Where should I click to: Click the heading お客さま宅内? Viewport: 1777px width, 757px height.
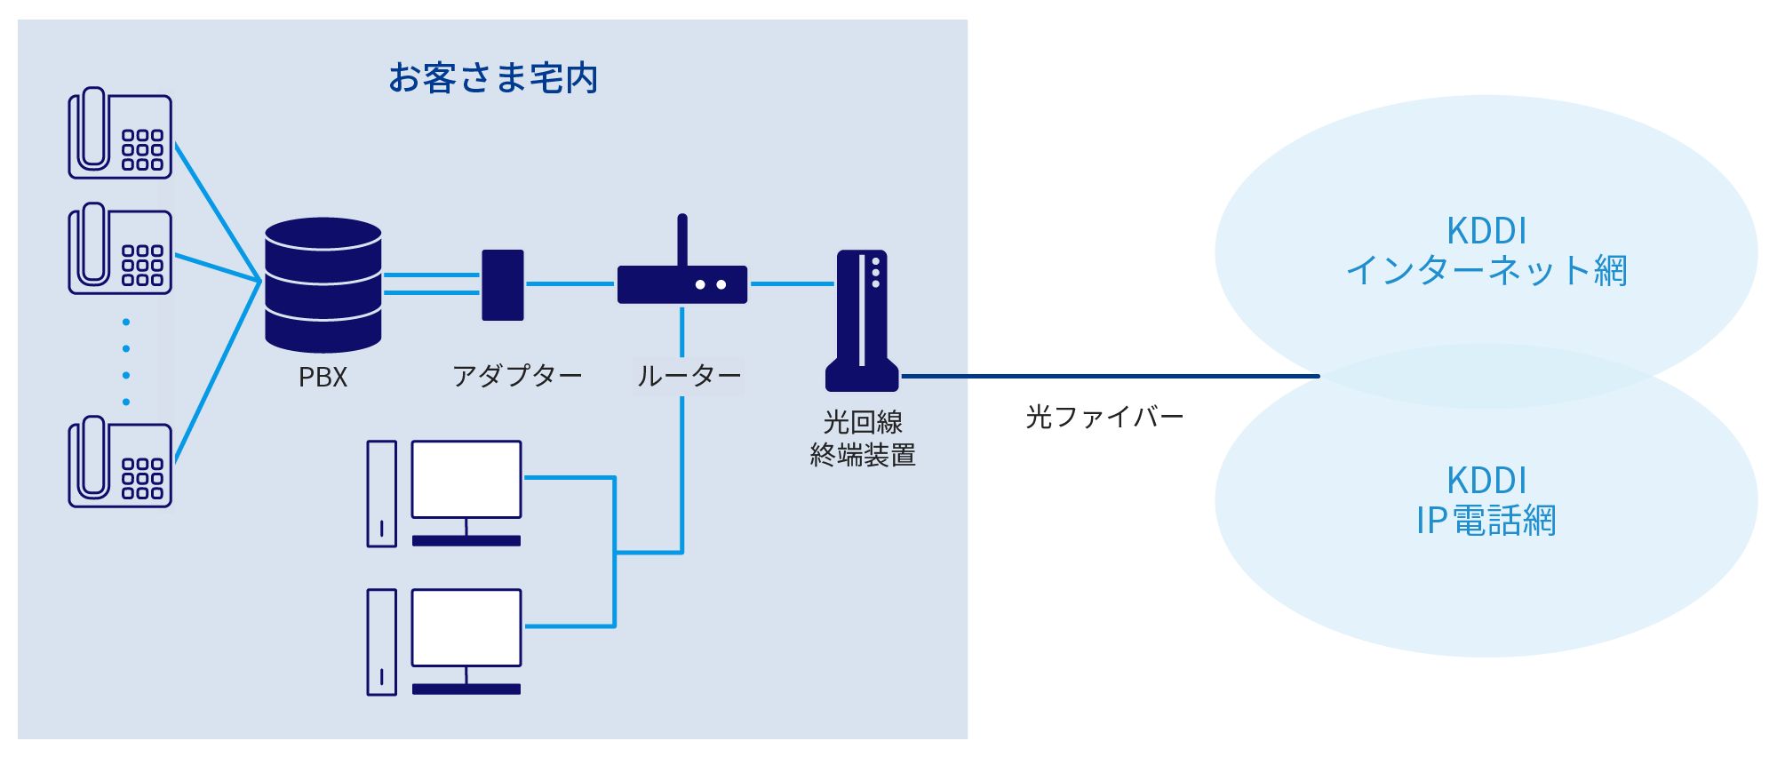click(x=493, y=78)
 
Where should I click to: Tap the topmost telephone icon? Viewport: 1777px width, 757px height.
click(x=120, y=134)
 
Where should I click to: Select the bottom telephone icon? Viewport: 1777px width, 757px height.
click(x=120, y=463)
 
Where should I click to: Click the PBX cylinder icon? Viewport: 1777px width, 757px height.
click(x=323, y=284)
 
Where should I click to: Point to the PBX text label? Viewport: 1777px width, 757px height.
click(x=323, y=378)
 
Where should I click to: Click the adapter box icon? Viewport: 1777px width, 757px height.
click(x=502, y=284)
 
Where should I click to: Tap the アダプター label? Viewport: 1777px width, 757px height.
click(x=517, y=376)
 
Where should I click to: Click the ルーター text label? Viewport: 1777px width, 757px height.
click(x=689, y=376)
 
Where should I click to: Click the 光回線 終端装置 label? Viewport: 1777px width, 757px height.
click(x=863, y=438)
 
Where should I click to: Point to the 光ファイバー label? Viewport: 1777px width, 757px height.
click(x=1104, y=417)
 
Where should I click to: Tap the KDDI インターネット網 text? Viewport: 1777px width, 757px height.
click(x=1486, y=251)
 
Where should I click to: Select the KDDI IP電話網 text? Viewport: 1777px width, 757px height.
click(x=1486, y=501)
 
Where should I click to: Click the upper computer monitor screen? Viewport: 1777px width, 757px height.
click(x=466, y=479)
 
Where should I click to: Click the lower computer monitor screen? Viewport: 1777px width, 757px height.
click(x=466, y=627)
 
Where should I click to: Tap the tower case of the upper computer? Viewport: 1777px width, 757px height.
click(x=382, y=494)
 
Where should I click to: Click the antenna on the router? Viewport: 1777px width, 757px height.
click(x=682, y=238)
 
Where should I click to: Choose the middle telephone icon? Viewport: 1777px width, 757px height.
click(x=120, y=250)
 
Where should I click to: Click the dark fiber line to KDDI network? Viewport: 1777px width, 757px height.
click(x=1111, y=377)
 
